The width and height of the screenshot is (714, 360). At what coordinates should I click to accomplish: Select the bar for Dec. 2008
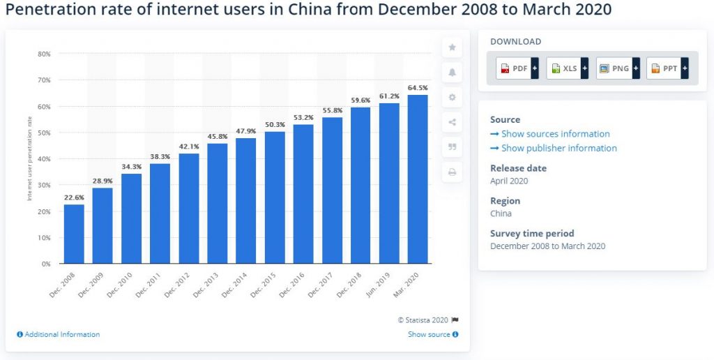coord(74,234)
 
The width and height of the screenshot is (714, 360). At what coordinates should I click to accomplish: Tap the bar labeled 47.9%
coord(246,201)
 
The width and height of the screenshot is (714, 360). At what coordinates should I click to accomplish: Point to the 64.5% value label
coord(418,88)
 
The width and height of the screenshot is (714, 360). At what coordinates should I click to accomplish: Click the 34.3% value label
coord(131,167)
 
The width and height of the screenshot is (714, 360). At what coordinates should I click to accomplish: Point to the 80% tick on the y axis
coord(43,54)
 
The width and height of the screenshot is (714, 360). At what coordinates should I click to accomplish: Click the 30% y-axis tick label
coord(43,185)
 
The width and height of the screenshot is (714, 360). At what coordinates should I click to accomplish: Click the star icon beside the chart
coord(452,47)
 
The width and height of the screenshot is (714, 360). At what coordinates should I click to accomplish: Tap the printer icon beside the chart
coord(452,172)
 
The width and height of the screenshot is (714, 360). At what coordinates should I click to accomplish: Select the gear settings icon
coord(452,98)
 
